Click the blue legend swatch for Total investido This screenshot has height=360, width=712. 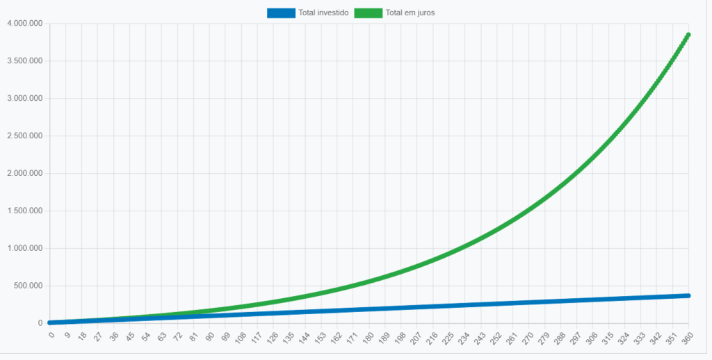[281, 13]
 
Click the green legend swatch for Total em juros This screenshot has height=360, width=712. [368, 13]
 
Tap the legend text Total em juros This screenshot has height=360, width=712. [410, 13]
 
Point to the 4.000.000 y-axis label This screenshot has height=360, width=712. [25, 24]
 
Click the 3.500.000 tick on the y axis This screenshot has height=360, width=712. [25, 61]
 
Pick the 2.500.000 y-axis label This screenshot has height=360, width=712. [25, 136]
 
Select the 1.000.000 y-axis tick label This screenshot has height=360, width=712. [25, 249]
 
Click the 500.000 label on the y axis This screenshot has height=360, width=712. [28, 286]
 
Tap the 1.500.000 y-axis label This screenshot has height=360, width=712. [25, 211]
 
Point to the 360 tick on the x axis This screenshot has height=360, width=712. [686, 337]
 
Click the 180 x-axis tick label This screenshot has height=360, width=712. [367, 337]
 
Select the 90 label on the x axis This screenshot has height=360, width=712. [209, 336]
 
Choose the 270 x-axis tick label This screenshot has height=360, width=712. [526, 337]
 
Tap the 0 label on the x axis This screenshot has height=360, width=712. [51, 334]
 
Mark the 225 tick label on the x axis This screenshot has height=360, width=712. [446, 337]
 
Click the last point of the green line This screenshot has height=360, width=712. [688, 34]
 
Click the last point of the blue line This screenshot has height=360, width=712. [688, 295]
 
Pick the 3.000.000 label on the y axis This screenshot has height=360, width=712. [25, 99]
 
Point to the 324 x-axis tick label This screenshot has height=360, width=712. [622, 337]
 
